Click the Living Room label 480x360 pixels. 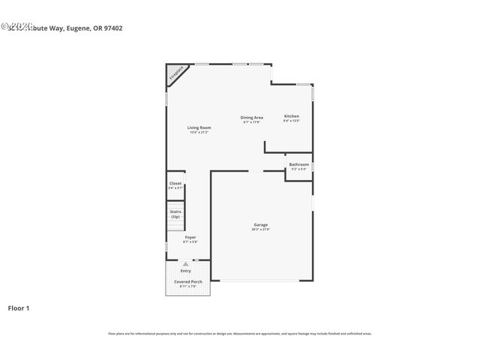(x=199, y=127)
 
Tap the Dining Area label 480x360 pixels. (x=251, y=117)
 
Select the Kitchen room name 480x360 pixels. (x=292, y=116)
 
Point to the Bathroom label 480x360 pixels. (x=299, y=163)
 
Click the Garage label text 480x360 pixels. (x=260, y=224)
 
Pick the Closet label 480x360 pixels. (x=175, y=183)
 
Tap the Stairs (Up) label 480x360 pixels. (x=175, y=214)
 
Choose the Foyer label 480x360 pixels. (x=190, y=237)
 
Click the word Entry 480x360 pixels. (x=185, y=271)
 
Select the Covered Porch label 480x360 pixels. (x=188, y=281)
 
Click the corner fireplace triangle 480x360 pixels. (x=174, y=73)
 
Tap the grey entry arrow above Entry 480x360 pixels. (x=185, y=264)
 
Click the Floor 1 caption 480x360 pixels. (x=19, y=307)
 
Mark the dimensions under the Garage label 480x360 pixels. (x=260, y=229)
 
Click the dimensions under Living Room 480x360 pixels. (x=199, y=133)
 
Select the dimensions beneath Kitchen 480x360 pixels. (x=292, y=121)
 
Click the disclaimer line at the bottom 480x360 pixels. (x=240, y=334)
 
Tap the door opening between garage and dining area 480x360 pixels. (x=256, y=172)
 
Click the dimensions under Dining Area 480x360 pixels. (x=251, y=122)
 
